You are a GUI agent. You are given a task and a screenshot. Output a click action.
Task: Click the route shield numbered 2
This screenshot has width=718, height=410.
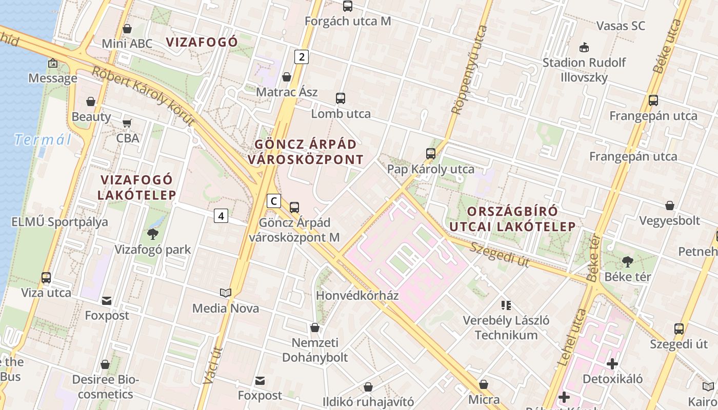pos(302,57)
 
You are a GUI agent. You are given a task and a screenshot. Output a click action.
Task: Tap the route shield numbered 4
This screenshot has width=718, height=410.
pos(221,216)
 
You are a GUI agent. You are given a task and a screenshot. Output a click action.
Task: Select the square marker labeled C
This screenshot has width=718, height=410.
pos(274,201)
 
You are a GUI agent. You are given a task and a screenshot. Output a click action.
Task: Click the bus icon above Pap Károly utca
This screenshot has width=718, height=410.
pos(431,153)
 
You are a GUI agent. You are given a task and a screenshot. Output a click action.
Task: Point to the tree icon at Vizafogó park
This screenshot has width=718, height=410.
pos(152,234)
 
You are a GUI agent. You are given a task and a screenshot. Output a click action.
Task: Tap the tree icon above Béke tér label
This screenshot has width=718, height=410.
pos(627,262)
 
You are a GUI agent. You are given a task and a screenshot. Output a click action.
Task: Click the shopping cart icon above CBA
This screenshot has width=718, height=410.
pos(127,123)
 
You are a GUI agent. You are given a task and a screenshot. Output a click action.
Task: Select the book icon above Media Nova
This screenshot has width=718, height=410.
pos(226,293)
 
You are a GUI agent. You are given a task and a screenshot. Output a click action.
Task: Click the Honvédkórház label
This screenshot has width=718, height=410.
pos(357,296)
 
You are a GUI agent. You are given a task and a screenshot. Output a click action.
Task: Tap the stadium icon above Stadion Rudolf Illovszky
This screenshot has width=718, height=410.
pos(584,48)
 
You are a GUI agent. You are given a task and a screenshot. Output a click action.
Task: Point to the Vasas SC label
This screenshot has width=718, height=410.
pos(621,26)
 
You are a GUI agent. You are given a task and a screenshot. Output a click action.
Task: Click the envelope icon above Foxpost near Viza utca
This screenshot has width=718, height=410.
pos(107,300)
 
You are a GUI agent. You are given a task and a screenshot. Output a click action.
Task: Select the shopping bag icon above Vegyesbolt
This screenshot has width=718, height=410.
pos(669,206)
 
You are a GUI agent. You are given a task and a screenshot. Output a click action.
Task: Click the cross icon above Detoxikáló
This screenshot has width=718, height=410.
pos(612,364)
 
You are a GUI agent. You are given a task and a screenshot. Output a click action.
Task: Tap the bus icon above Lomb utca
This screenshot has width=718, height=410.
pos(341,98)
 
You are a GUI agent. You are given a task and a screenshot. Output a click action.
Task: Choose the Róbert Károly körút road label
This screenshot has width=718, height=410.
pos(144,96)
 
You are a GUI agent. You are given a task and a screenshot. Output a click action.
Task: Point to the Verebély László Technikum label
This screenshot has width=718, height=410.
pos(506,328)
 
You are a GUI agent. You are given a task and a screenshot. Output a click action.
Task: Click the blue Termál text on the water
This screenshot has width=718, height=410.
pos(43,139)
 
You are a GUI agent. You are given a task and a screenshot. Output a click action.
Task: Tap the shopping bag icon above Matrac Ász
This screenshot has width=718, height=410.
pos(287,77)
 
